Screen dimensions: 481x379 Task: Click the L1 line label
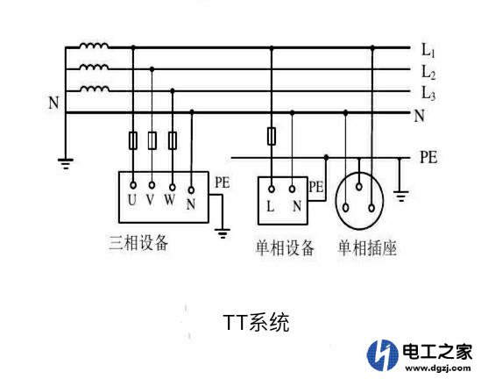(428, 50)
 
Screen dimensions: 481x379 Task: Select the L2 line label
(428, 73)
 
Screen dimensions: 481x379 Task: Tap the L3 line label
(428, 93)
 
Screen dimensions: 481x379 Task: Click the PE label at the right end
(428, 157)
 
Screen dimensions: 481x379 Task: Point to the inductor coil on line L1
(94, 46)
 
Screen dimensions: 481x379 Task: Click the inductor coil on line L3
(94, 89)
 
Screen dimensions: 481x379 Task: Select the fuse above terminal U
(133, 140)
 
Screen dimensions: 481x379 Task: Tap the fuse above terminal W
(173, 140)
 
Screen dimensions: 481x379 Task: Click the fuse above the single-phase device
(272, 136)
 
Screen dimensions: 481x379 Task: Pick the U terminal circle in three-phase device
(133, 185)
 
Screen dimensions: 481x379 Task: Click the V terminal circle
(152, 185)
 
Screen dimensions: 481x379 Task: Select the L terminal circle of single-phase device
(272, 189)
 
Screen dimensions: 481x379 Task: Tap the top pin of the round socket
(359, 186)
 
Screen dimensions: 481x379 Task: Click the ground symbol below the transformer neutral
(66, 164)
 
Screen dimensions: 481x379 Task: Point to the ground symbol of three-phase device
(223, 233)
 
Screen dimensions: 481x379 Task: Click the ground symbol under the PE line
(401, 196)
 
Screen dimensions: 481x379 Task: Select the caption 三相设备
(138, 243)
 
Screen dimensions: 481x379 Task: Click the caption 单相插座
(367, 248)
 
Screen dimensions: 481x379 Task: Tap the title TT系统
(257, 322)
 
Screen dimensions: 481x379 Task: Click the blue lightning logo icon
(383, 354)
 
